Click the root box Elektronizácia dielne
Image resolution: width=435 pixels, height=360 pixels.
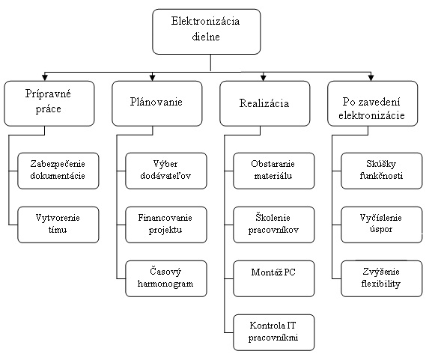(207, 31)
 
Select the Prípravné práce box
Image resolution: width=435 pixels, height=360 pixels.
(49, 103)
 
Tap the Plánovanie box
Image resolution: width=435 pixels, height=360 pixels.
(157, 103)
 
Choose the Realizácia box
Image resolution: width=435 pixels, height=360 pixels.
(264, 103)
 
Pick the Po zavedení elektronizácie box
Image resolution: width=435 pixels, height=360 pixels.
(373, 103)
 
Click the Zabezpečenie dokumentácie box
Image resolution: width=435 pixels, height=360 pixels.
(58, 171)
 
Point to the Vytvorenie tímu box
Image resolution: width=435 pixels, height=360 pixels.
(58, 225)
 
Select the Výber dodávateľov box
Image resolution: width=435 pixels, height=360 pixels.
(166, 171)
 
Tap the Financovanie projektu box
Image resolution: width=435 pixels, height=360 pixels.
(166, 225)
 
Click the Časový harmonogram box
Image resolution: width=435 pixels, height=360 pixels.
(166, 278)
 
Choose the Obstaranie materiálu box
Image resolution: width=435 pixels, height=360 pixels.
(274, 171)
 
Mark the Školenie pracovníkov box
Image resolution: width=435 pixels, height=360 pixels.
(274, 225)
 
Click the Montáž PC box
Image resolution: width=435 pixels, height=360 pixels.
(274, 278)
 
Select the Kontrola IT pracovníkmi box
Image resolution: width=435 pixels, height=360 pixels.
(274, 332)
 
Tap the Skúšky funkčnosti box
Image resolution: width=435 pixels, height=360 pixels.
(381, 171)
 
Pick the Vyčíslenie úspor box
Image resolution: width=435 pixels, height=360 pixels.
(381, 225)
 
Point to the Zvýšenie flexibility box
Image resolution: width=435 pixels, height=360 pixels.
(381, 278)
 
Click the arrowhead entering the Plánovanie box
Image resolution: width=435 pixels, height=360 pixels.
(152, 77)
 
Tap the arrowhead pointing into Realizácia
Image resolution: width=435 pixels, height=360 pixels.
(264, 77)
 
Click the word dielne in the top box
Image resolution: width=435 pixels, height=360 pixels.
(206, 37)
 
